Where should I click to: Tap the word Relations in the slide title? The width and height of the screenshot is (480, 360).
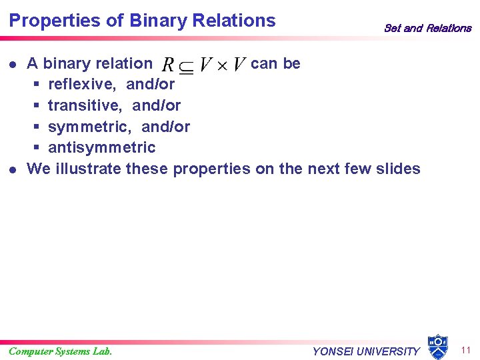pos(233,21)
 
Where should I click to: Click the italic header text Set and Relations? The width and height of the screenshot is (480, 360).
pos(427,28)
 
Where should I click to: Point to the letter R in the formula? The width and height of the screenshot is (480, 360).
pos(169,65)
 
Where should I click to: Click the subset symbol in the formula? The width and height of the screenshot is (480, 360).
pos(187,66)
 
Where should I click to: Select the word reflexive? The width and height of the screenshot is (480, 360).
pos(84,84)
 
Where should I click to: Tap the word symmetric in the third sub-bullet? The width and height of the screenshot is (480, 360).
pos(90,127)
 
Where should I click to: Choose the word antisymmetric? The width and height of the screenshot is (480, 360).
pos(101,147)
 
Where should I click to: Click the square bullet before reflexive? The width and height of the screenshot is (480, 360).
pos(37,85)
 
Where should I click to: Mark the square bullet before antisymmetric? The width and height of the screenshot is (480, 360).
pos(37,148)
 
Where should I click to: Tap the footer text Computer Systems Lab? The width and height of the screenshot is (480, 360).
pos(61,351)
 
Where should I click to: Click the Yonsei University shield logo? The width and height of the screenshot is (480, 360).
pos(437,346)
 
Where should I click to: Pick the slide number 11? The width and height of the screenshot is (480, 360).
pos(465,350)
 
